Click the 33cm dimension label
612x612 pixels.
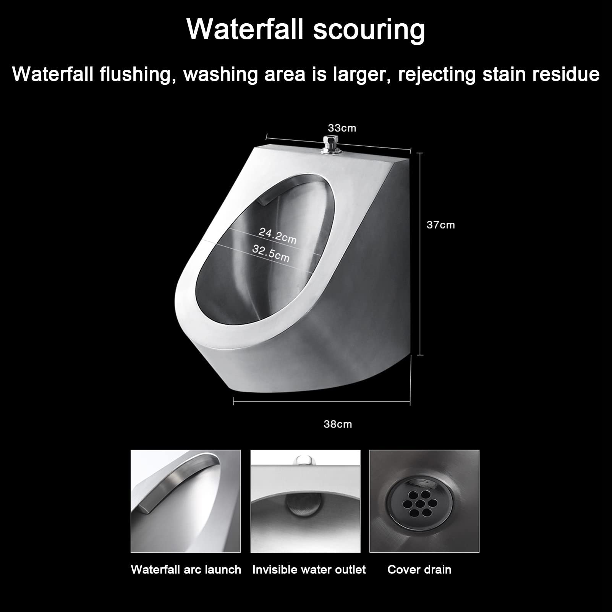click(342, 128)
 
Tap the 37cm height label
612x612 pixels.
click(440, 225)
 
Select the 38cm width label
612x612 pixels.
click(337, 424)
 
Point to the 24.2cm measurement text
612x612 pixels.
click(277, 235)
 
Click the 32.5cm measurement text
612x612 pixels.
click(271, 253)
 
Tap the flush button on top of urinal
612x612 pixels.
click(332, 144)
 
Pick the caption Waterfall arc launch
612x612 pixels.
click(186, 570)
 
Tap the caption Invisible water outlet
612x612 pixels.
click(309, 570)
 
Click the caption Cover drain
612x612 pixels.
click(419, 570)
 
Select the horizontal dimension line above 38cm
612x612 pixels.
click(321, 401)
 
